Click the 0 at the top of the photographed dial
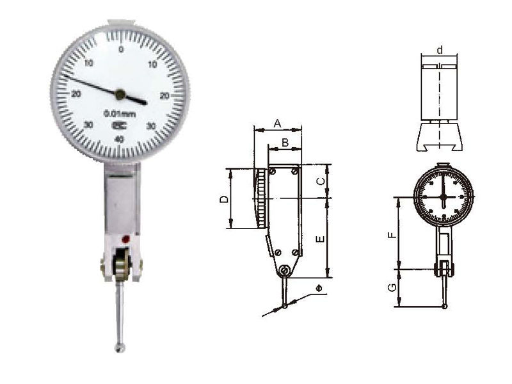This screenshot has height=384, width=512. tap(120, 49)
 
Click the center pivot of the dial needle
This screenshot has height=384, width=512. tap(120, 95)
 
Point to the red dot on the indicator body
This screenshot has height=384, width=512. tap(126, 239)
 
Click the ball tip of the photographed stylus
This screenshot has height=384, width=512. tap(119, 348)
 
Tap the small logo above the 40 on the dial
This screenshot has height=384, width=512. tap(119, 126)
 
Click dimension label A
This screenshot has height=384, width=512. tap(277, 122)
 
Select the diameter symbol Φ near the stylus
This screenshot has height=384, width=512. tap(318, 290)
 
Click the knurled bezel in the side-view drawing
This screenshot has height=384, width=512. tap(262, 198)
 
